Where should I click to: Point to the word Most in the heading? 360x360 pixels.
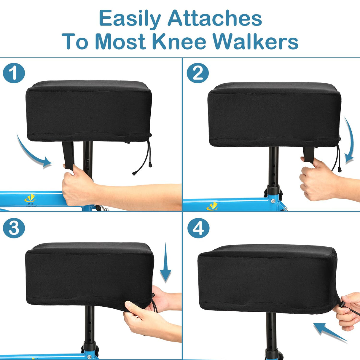[x=120, y=42]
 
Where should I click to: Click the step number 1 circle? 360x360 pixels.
[x=14, y=73]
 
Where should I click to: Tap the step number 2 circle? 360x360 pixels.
[x=198, y=73]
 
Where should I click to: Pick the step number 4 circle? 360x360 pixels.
[x=198, y=228]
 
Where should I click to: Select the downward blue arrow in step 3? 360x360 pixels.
[x=165, y=264]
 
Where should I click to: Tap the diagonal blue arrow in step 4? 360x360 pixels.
[x=329, y=332]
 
